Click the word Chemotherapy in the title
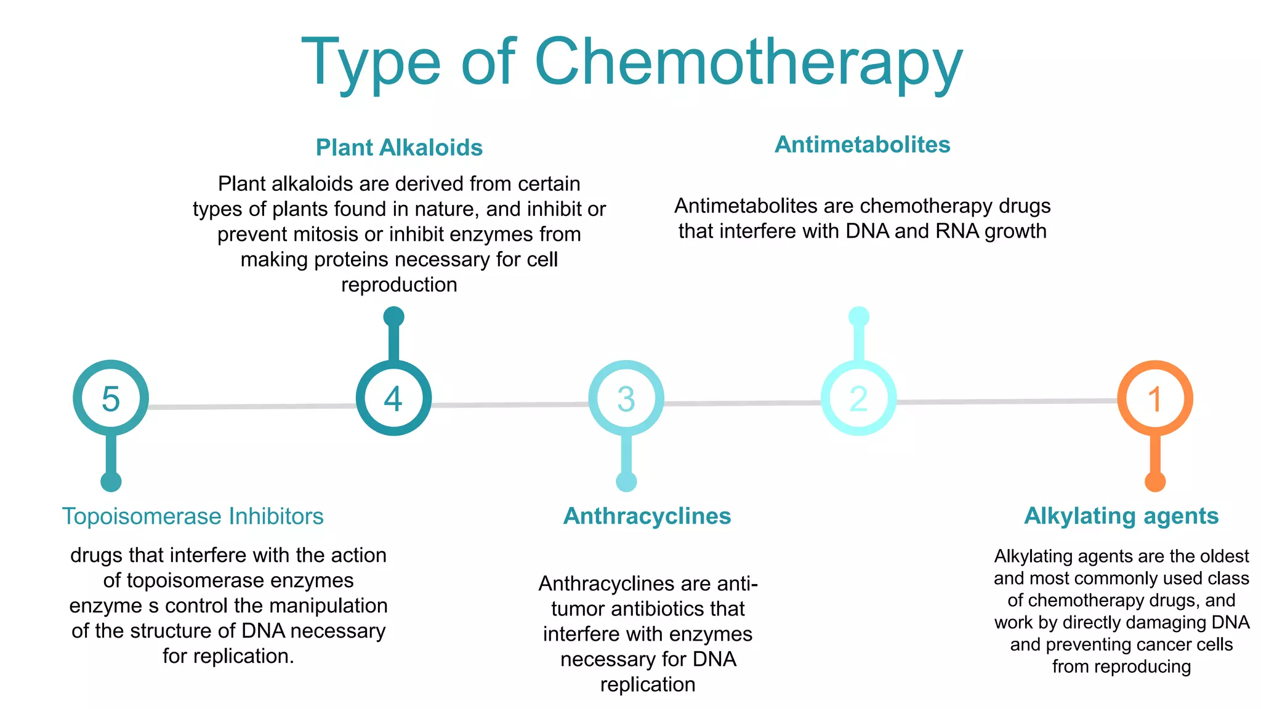coord(748,63)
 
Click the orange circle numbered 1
coord(1155,398)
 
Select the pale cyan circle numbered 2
coord(858,398)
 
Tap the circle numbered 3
coord(626,398)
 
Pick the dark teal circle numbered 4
coord(393,398)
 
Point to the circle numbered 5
coord(111,398)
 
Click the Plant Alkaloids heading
coord(399,148)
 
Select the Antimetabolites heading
coord(862,145)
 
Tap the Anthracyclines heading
coord(647,516)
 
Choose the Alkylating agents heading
coord(1121,516)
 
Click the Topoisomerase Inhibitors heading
coord(193,516)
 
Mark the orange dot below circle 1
coord(1155,481)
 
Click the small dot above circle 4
coord(393,317)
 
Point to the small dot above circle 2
coord(858,317)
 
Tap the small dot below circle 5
coord(111,481)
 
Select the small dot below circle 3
coord(626,481)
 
